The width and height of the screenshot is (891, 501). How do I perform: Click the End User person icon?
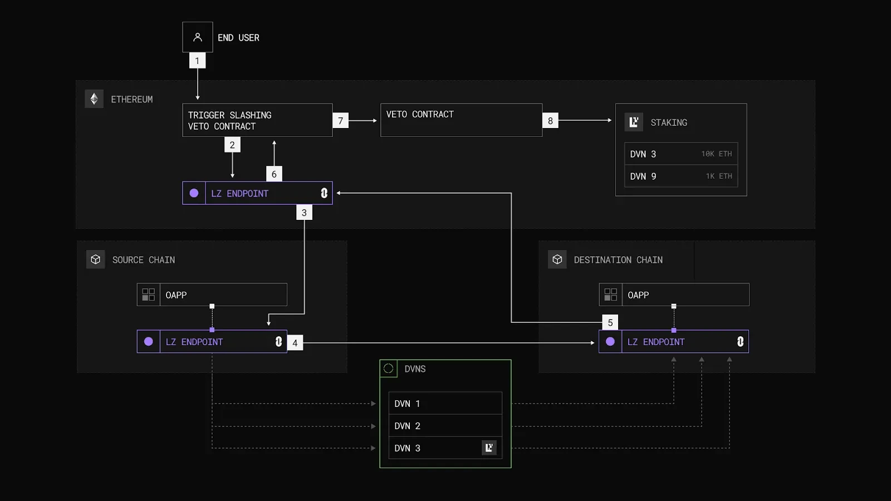[197, 37]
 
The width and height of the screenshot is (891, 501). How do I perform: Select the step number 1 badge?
[197, 61]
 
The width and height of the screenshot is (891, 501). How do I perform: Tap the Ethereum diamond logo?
[94, 99]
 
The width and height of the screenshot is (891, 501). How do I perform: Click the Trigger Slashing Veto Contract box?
[257, 120]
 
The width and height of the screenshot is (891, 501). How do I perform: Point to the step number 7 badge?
[341, 121]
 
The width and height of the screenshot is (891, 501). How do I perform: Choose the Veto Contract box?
[461, 120]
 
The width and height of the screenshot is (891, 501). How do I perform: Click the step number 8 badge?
[550, 121]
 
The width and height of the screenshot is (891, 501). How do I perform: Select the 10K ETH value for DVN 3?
[716, 154]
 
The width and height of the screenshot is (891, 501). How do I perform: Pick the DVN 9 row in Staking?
[681, 176]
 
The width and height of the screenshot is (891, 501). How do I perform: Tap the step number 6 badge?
[274, 174]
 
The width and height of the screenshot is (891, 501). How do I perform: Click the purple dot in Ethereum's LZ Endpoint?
[194, 193]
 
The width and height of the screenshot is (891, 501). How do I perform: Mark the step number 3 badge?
[304, 213]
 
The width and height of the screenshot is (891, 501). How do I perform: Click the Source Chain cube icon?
[96, 259]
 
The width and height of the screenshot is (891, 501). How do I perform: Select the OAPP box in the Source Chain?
[212, 294]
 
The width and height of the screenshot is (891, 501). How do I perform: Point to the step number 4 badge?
[295, 343]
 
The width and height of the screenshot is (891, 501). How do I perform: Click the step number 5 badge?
[610, 322]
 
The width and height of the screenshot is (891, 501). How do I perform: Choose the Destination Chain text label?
[618, 260]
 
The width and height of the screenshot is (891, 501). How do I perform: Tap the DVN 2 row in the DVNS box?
[445, 426]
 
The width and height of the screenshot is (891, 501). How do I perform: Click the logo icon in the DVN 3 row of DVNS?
[489, 448]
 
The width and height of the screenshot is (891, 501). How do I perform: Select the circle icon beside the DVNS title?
[389, 369]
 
